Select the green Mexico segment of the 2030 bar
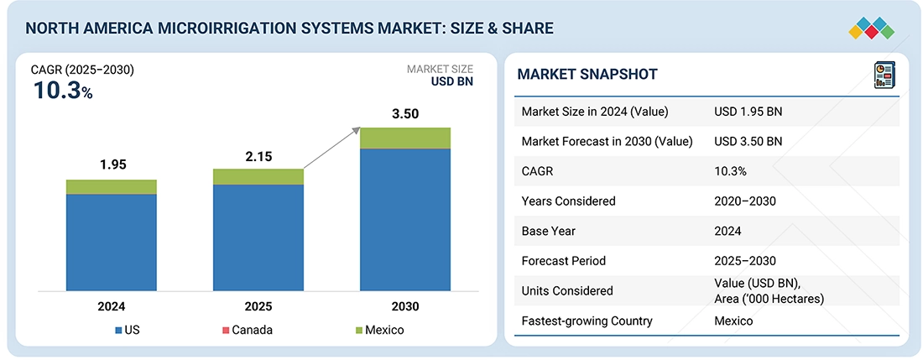tap(405, 138)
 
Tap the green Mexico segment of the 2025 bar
tap(258, 177)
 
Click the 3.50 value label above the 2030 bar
tap(405, 113)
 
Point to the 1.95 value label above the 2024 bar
tap(112, 164)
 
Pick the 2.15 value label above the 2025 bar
tap(258, 156)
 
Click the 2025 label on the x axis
tap(258, 306)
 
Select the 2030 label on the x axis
tap(405, 306)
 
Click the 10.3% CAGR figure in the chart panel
tap(63, 91)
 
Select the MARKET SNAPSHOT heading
tap(587, 75)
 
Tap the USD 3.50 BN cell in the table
tap(748, 141)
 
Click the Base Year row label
tap(549, 231)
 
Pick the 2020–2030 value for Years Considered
tap(745, 201)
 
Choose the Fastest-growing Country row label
tap(587, 321)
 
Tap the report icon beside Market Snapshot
tap(884, 74)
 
